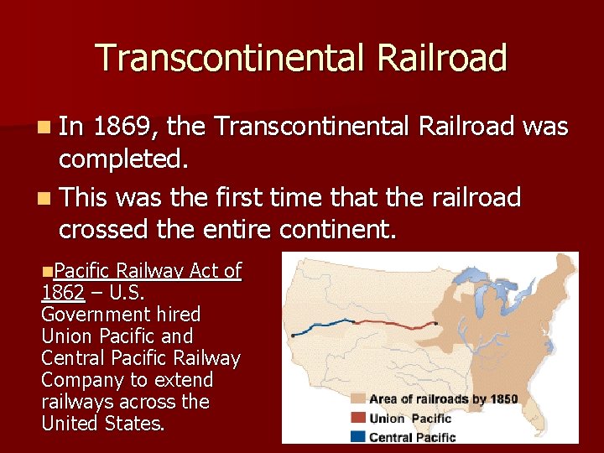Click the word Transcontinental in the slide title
click(x=231, y=58)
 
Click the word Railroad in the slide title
click(x=442, y=58)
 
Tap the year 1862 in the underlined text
click(x=62, y=293)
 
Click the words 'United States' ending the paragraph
click(x=102, y=424)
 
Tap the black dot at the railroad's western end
click(x=292, y=333)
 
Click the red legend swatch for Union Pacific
click(x=357, y=418)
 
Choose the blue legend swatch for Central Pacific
click(x=357, y=436)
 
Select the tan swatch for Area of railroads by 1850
click(x=357, y=399)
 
